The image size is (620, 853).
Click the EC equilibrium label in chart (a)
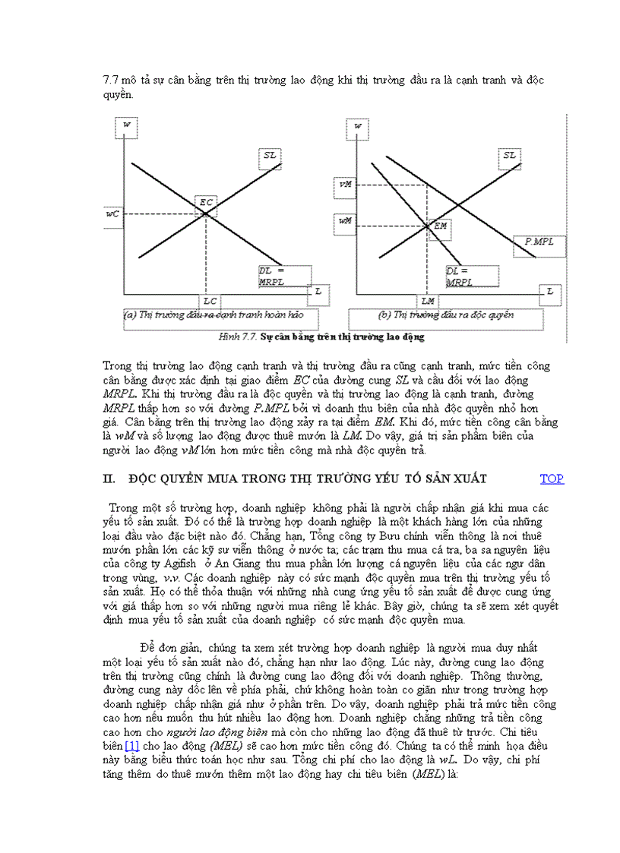click(206, 202)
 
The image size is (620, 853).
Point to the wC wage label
click(112, 214)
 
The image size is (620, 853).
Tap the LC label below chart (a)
click(210, 302)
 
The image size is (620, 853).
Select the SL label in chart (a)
click(270, 155)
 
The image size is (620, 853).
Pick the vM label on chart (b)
click(345, 184)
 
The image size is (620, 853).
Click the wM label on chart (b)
click(345, 221)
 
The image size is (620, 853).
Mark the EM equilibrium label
click(440, 226)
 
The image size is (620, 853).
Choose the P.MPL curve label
click(539, 241)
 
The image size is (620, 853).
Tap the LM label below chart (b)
click(428, 302)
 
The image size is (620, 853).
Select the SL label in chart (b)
click(509, 155)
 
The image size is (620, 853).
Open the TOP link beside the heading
click(552, 479)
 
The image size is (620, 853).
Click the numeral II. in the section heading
click(108, 479)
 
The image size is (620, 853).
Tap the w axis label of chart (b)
click(358, 125)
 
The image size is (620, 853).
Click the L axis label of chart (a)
click(318, 291)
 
